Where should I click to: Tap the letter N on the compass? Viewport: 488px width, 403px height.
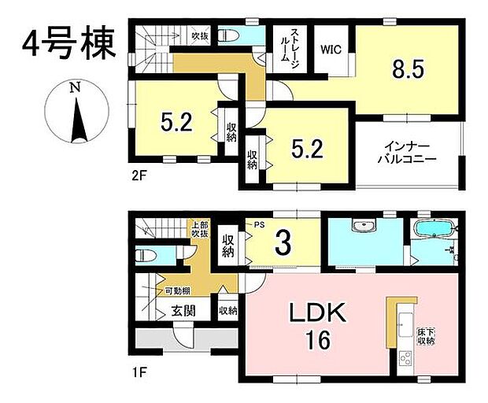pyautogui.click(x=74, y=88)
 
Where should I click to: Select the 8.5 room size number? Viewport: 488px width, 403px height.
pyautogui.click(x=409, y=69)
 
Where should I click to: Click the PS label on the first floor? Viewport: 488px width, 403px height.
pyautogui.click(x=257, y=224)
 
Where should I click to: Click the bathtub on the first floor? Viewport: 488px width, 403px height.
pyautogui.click(x=432, y=229)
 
